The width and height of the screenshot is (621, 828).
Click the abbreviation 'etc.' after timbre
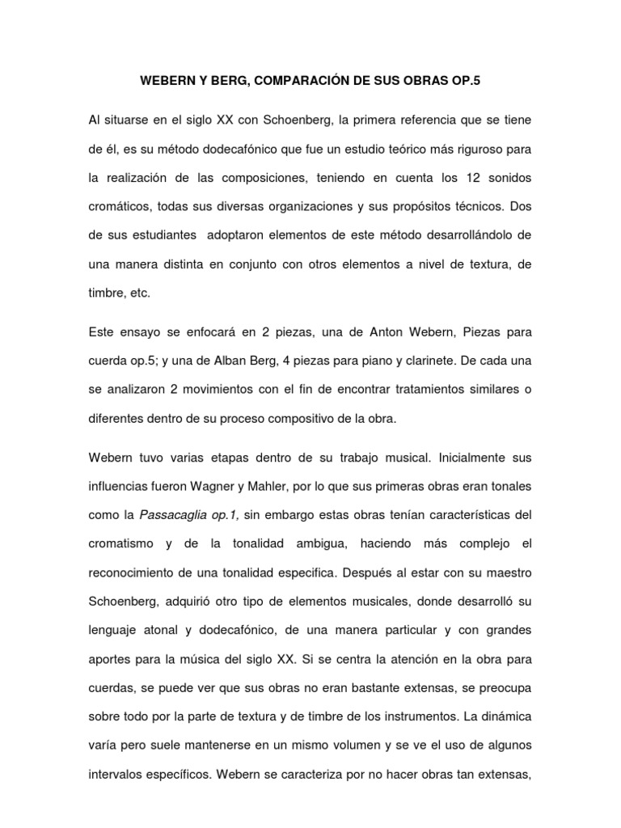137,294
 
